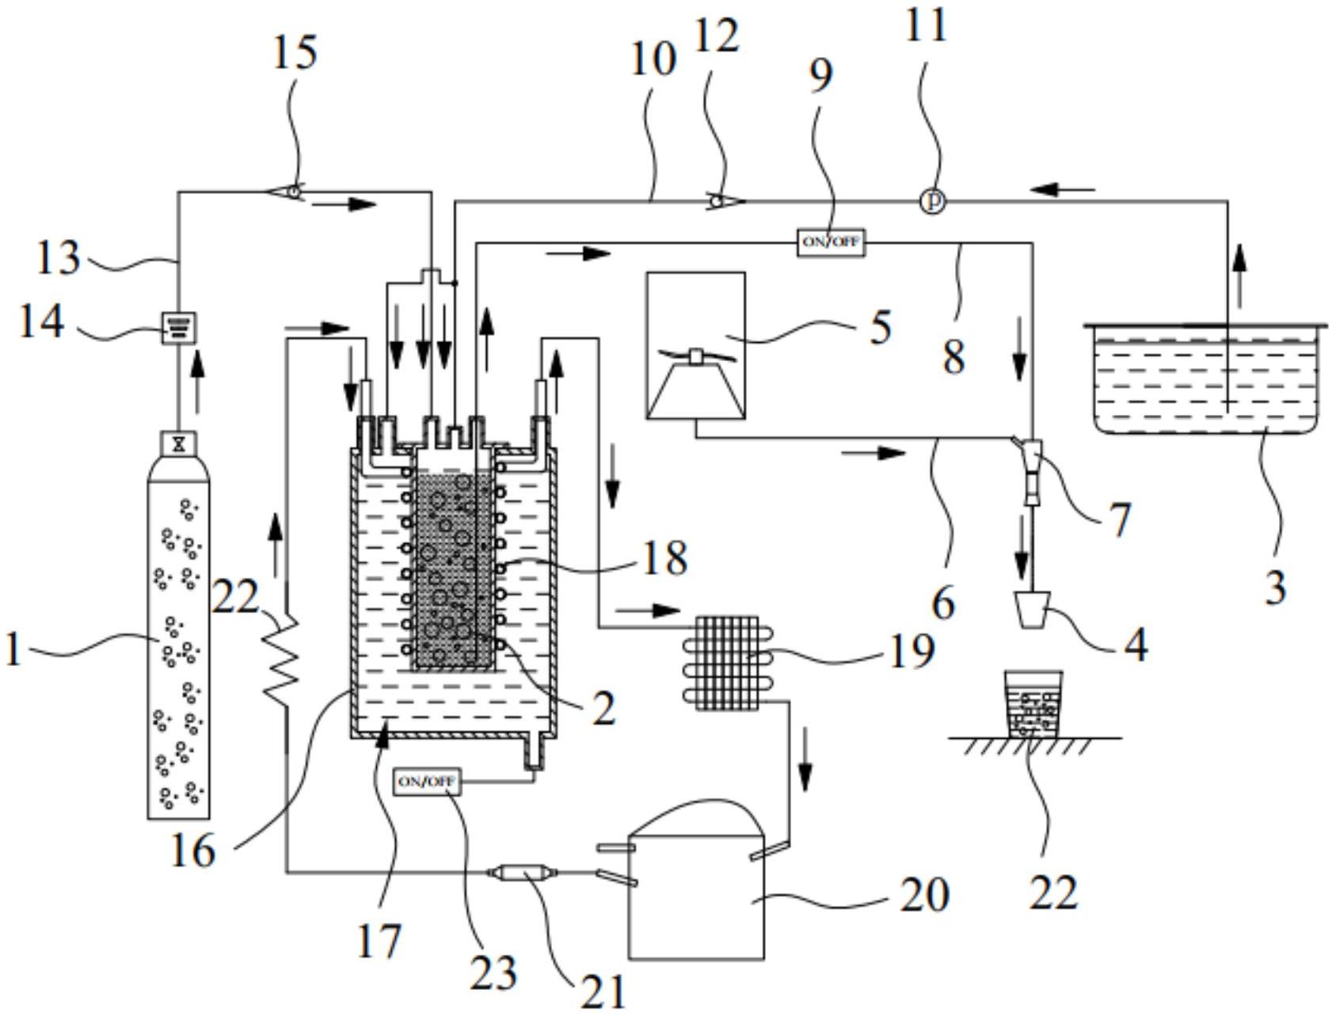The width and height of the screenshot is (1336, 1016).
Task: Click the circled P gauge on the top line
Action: point(934,202)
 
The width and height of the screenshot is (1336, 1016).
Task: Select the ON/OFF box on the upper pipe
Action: point(830,242)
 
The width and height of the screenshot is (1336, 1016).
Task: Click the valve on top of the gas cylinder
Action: point(179,443)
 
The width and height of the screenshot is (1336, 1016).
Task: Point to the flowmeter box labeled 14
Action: point(179,328)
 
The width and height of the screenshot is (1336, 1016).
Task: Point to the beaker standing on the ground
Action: point(1033,704)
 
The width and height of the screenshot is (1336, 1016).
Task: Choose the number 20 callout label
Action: point(923,895)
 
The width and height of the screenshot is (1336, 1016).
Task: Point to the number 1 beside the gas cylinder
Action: point(12,650)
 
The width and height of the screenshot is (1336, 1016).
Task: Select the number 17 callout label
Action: point(379,941)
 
